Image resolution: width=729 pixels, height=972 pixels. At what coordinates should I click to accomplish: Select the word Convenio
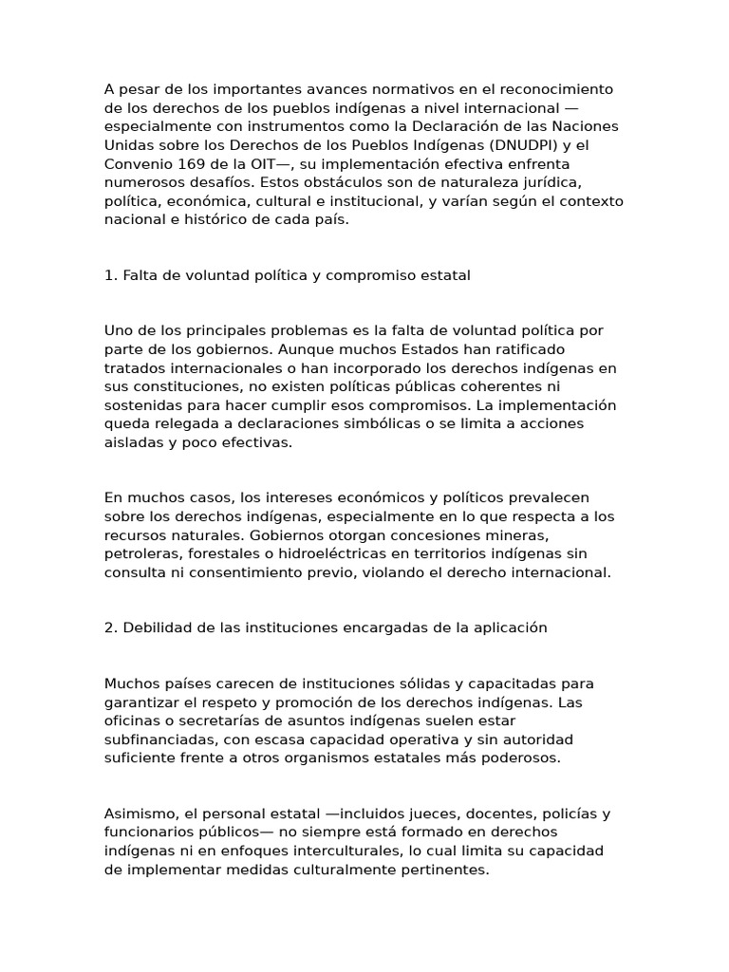coord(134,163)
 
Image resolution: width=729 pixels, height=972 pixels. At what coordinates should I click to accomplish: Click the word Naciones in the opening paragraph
coord(586,126)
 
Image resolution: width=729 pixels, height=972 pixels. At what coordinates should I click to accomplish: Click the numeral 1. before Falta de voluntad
coord(110,275)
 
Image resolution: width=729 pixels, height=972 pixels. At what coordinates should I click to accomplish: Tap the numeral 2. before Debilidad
coord(110,628)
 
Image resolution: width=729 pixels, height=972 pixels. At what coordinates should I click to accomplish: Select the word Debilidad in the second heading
coord(158,628)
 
